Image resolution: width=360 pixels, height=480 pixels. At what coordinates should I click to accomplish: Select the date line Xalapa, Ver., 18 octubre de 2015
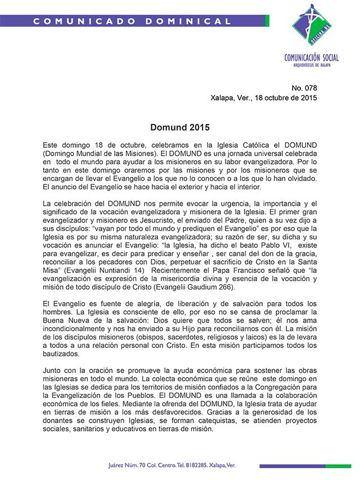263,97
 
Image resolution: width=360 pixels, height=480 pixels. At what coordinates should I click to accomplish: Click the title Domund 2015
179,128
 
